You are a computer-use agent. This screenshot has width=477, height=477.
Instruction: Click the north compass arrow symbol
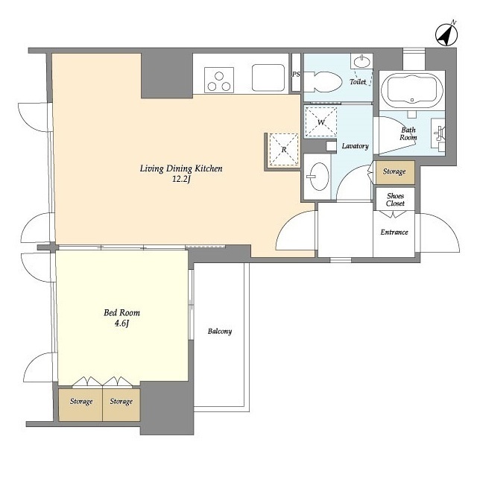point(446,34)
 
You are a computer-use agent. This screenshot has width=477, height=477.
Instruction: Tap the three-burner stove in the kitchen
point(219,80)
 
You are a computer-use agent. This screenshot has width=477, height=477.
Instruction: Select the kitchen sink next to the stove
point(268,78)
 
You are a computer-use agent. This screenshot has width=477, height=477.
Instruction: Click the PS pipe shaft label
point(296,74)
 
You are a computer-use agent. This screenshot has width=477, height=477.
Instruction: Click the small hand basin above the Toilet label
point(361,61)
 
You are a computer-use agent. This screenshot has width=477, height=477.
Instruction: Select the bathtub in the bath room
point(412,89)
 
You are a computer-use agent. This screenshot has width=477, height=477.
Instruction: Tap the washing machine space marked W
point(320,122)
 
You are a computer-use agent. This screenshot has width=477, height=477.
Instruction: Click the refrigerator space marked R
point(284,149)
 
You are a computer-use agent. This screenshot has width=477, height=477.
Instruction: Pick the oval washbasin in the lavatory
point(318,177)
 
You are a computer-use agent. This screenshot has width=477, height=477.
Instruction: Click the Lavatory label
point(355,146)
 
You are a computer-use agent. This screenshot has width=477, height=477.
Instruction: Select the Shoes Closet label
point(395,200)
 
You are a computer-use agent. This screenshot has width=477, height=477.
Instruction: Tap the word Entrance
point(394,232)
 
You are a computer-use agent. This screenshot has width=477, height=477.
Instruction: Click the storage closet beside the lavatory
point(395,172)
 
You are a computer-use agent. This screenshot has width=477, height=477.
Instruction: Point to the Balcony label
point(220,331)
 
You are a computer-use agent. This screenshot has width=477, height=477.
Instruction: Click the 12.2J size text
point(181,179)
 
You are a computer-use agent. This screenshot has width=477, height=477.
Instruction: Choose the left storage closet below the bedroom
point(80,405)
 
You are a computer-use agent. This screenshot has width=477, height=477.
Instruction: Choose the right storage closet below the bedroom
point(121,405)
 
